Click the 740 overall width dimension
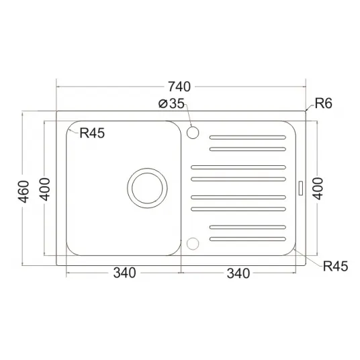tap(179, 87)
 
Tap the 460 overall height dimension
tap(24, 192)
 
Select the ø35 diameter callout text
tap(171, 103)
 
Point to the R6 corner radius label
tap(323, 103)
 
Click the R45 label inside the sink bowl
tap(92, 133)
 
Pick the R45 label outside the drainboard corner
tap(335, 267)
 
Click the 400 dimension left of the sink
tap(44, 189)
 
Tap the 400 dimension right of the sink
tap(318, 189)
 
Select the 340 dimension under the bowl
tap(125, 273)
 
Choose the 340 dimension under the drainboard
tap(238, 273)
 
